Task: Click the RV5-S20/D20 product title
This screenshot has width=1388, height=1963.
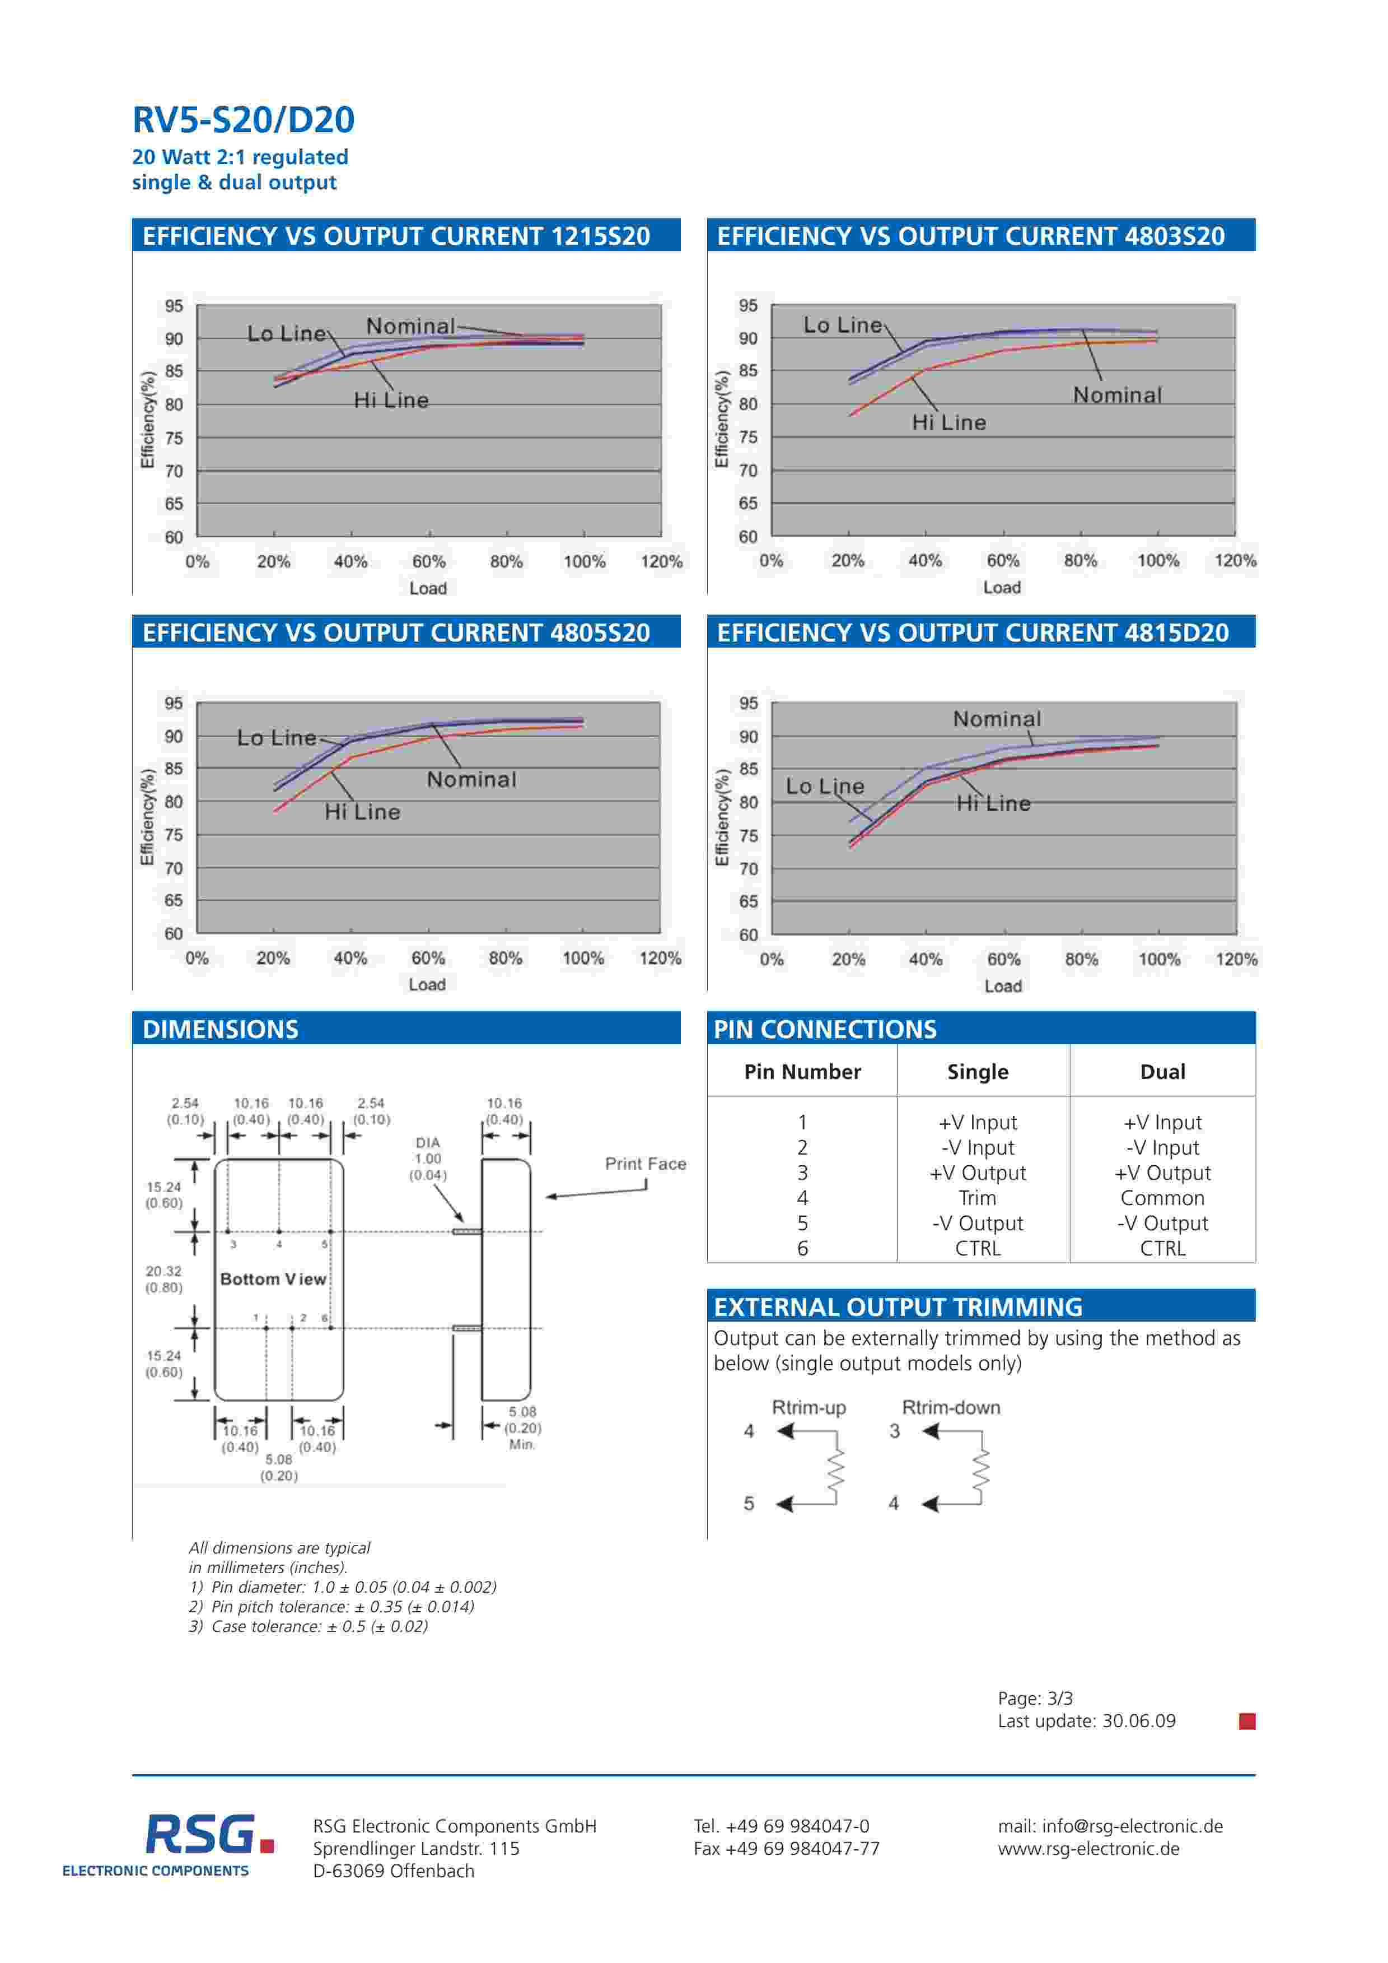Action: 243,120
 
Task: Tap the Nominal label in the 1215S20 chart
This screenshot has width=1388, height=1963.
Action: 410,327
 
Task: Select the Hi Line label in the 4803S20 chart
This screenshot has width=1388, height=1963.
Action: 948,423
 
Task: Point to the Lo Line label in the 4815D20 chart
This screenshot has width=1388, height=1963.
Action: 825,787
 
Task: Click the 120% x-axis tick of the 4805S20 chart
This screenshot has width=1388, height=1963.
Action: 660,959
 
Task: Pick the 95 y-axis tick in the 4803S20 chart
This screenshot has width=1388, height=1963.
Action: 748,305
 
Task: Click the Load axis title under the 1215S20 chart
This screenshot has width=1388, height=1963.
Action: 427,588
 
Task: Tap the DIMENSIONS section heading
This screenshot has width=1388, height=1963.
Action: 221,1029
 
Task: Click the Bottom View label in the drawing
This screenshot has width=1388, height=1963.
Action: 273,1279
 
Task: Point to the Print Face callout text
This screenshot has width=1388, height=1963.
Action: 645,1164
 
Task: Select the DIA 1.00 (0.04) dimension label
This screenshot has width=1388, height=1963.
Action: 427,1159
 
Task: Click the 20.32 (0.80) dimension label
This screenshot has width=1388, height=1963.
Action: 163,1279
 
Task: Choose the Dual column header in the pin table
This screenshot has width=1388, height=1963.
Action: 1162,1072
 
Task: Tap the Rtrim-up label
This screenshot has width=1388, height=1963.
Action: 809,1407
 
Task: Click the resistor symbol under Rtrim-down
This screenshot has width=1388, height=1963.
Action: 981,1469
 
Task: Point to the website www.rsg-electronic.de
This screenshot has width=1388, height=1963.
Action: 1088,1848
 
